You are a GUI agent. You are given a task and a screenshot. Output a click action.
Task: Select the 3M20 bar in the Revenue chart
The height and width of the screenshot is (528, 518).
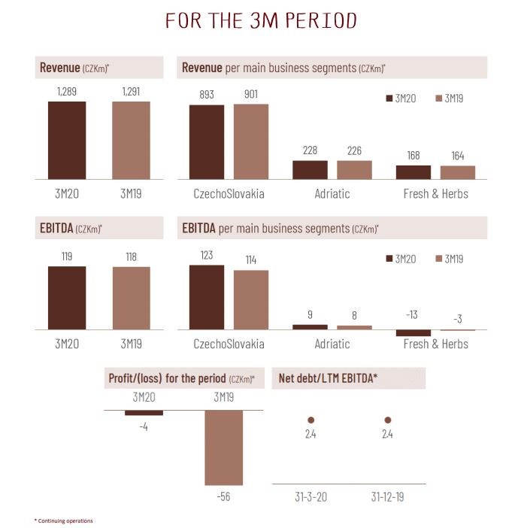(x=67, y=140)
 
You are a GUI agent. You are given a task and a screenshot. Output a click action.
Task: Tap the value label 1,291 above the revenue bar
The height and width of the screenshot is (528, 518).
(x=131, y=92)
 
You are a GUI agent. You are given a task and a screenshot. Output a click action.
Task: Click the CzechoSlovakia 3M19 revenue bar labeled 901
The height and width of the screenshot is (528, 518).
(x=250, y=141)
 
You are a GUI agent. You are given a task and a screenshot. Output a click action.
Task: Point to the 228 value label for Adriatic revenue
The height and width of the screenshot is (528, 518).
(x=310, y=150)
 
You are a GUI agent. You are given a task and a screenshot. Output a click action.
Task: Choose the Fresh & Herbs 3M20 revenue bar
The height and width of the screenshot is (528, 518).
(x=413, y=172)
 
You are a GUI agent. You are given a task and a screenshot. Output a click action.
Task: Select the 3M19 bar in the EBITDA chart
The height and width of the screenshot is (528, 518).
(x=131, y=298)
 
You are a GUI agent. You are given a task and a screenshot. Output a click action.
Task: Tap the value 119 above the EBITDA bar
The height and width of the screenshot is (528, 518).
(x=67, y=256)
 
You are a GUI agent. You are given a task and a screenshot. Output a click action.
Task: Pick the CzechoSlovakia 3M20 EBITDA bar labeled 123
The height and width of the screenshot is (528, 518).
(x=206, y=297)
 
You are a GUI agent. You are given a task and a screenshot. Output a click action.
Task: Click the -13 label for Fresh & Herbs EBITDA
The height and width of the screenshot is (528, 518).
(x=413, y=314)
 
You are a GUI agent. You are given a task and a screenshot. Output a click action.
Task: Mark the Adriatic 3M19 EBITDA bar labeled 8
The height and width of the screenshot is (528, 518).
(x=354, y=327)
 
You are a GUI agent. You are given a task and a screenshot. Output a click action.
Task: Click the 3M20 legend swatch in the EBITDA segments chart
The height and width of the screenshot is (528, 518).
(x=389, y=259)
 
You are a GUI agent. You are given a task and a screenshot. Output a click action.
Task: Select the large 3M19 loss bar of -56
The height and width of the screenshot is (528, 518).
(x=224, y=448)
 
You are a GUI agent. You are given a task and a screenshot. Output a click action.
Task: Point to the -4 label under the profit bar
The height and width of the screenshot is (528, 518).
(x=143, y=426)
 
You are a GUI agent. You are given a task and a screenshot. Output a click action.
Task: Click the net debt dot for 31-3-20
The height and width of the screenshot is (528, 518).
(x=310, y=420)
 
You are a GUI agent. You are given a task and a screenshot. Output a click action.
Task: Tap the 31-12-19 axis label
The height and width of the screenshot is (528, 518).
(x=388, y=498)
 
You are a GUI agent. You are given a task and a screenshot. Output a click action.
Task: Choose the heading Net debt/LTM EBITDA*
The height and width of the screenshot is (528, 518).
(x=328, y=378)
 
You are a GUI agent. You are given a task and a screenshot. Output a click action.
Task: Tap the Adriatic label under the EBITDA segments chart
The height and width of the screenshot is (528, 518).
(x=332, y=344)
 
